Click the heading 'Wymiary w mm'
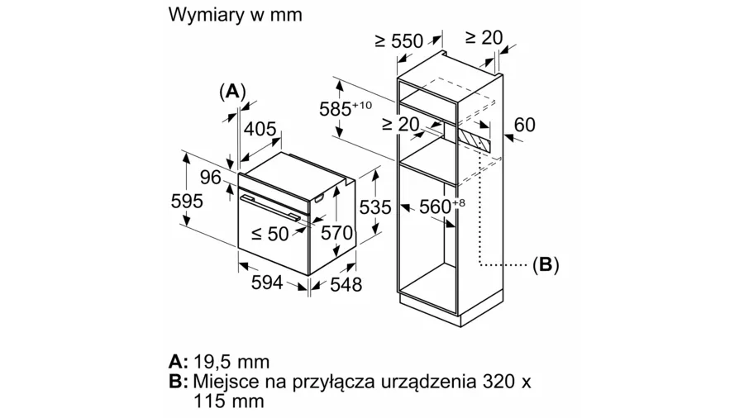click(x=235, y=15)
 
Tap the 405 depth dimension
click(x=260, y=128)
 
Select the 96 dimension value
click(x=210, y=178)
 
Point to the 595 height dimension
click(x=187, y=201)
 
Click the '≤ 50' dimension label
click(x=269, y=233)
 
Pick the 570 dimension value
click(x=337, y=233)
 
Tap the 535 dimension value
click(x=375, y=207)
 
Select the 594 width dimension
click(x=267, y=283)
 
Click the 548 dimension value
click(x=346, y=284)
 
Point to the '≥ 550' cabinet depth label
click(x=398, y=40)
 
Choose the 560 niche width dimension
click(x=442, y=207)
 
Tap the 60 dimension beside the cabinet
click(x=524, y=125)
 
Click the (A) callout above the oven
click(x=232, y=91)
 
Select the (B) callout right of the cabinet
click(x=546, y=264)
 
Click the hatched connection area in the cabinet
click(x=474, y=139)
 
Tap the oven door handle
click(x=269, y=207)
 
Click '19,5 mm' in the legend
click(x=231, y=362)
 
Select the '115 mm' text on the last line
click(x=229, y=401)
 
